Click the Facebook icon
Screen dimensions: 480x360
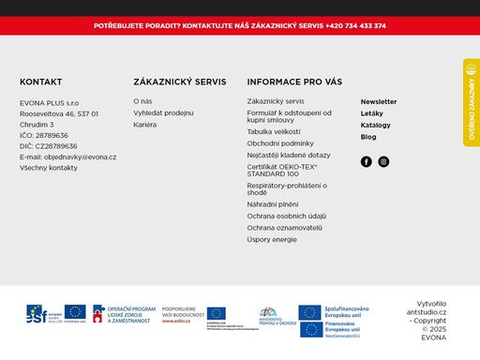[x=367, y=161]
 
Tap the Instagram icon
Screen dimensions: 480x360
[x=383, y=161]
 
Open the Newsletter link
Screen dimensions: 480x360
[x=379, y=101]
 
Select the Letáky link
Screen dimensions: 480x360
[x=371, y=113]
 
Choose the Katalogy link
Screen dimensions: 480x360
[x=375, y=125]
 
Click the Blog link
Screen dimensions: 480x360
[x=368, y=137]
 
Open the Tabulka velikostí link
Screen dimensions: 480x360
[x=274, y=132]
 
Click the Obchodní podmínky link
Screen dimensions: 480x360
[x=280, y=143]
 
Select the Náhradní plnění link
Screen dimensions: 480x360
[x=273, y=203]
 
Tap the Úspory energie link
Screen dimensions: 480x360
[x=272, y=239]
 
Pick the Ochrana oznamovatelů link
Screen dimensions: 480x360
[x=285, y=228]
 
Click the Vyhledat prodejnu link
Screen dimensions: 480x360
[x=163, y=112]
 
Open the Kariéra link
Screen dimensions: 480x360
[x=145, y=124]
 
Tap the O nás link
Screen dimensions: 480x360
[x=142, y=101]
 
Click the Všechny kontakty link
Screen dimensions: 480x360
[x=49, y=168]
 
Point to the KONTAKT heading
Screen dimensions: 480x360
[x=41, y=82]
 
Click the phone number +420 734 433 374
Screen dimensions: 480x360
[x=356, y=25]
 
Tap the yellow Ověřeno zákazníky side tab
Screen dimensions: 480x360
[x=471, y=103]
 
